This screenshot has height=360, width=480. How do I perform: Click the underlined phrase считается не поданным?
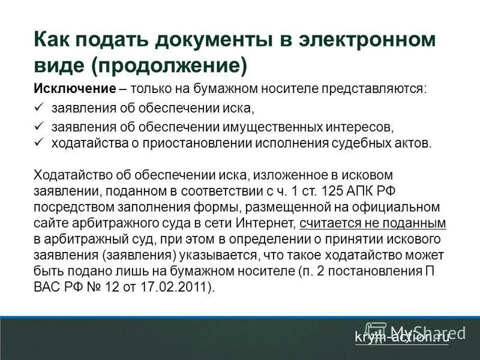(372, 223)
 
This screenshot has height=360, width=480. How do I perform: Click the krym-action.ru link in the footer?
(401, 337)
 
